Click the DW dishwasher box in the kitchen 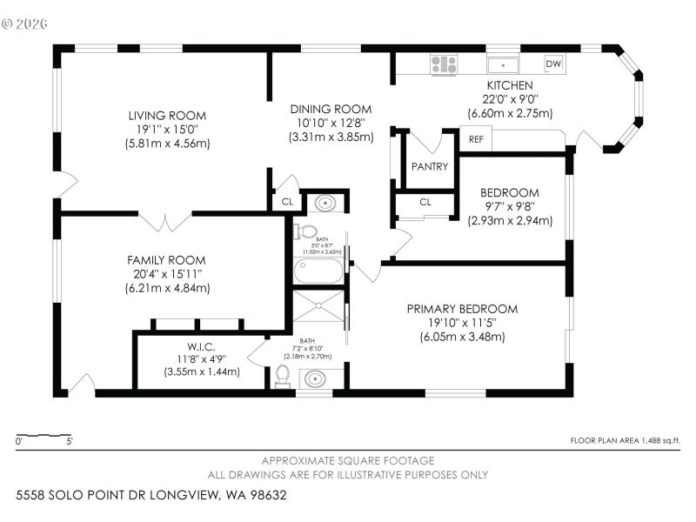tap(553, 64)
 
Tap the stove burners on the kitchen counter tap(444, 64)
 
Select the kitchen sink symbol tap(502, 64)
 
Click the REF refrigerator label tap(476, 139)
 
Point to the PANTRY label tap(430, 167)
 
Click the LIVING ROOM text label tap(167, 116)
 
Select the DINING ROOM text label tap(331, 109)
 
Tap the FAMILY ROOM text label tap(166, 260)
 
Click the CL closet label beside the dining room tap(286, 202)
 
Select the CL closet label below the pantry tap(425, 202)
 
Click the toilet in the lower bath tap(281, 375)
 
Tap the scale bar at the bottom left tap(43, 434)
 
